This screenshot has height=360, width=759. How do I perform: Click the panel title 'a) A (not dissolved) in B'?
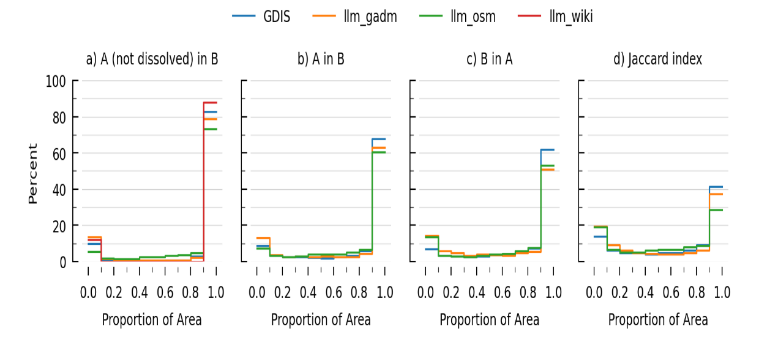click(x=152, y=59)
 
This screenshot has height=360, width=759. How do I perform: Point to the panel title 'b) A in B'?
click(x=321, y=59)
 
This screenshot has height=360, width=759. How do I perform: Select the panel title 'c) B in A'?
click(x=490, y=59)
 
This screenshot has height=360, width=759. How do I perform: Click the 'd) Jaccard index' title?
click(x=658, y=59)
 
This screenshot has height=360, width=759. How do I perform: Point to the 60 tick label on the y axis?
click(x=59, y=154)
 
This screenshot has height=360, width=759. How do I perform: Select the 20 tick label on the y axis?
click(x=59, y=226)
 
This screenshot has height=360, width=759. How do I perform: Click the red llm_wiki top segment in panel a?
click(x=210, y=102)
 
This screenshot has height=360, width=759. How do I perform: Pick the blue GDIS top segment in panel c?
click(x=547, y=149)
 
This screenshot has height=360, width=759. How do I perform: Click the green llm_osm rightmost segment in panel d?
click(x=716, y=210)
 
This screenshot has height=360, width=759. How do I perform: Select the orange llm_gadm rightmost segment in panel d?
click(x=716, y=194)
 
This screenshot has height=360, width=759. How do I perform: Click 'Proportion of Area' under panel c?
click(x=490, y=320)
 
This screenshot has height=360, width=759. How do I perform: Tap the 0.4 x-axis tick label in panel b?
click(x=308, y=292)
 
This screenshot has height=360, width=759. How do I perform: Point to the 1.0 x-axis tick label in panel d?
click(x=722, y=292)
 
